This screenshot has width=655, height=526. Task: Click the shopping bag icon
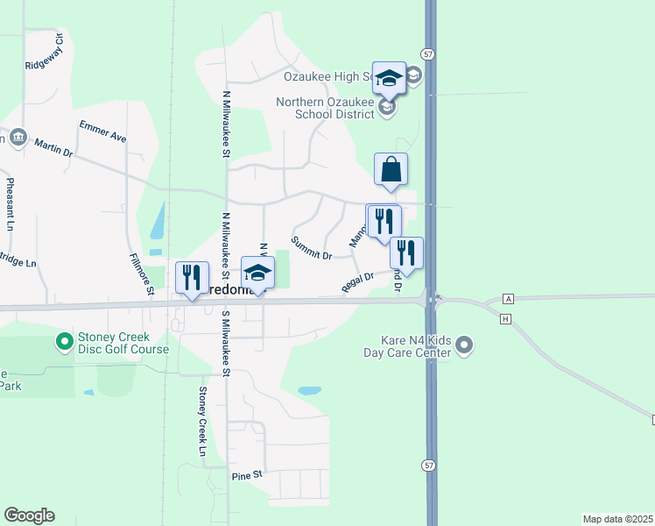pos(391,169)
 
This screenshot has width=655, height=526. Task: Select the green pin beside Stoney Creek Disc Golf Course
pos(64,340)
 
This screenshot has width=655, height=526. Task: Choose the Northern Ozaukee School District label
pos(327,108)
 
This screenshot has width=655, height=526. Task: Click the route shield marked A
pos(509,299)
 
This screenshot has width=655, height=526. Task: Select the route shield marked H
pos(505,318)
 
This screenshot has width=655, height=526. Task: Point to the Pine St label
pos(247,475)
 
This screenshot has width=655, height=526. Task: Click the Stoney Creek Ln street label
pos(201,421)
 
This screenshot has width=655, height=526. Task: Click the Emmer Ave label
pos(102,131)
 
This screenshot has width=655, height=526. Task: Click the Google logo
pos(29,515)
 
